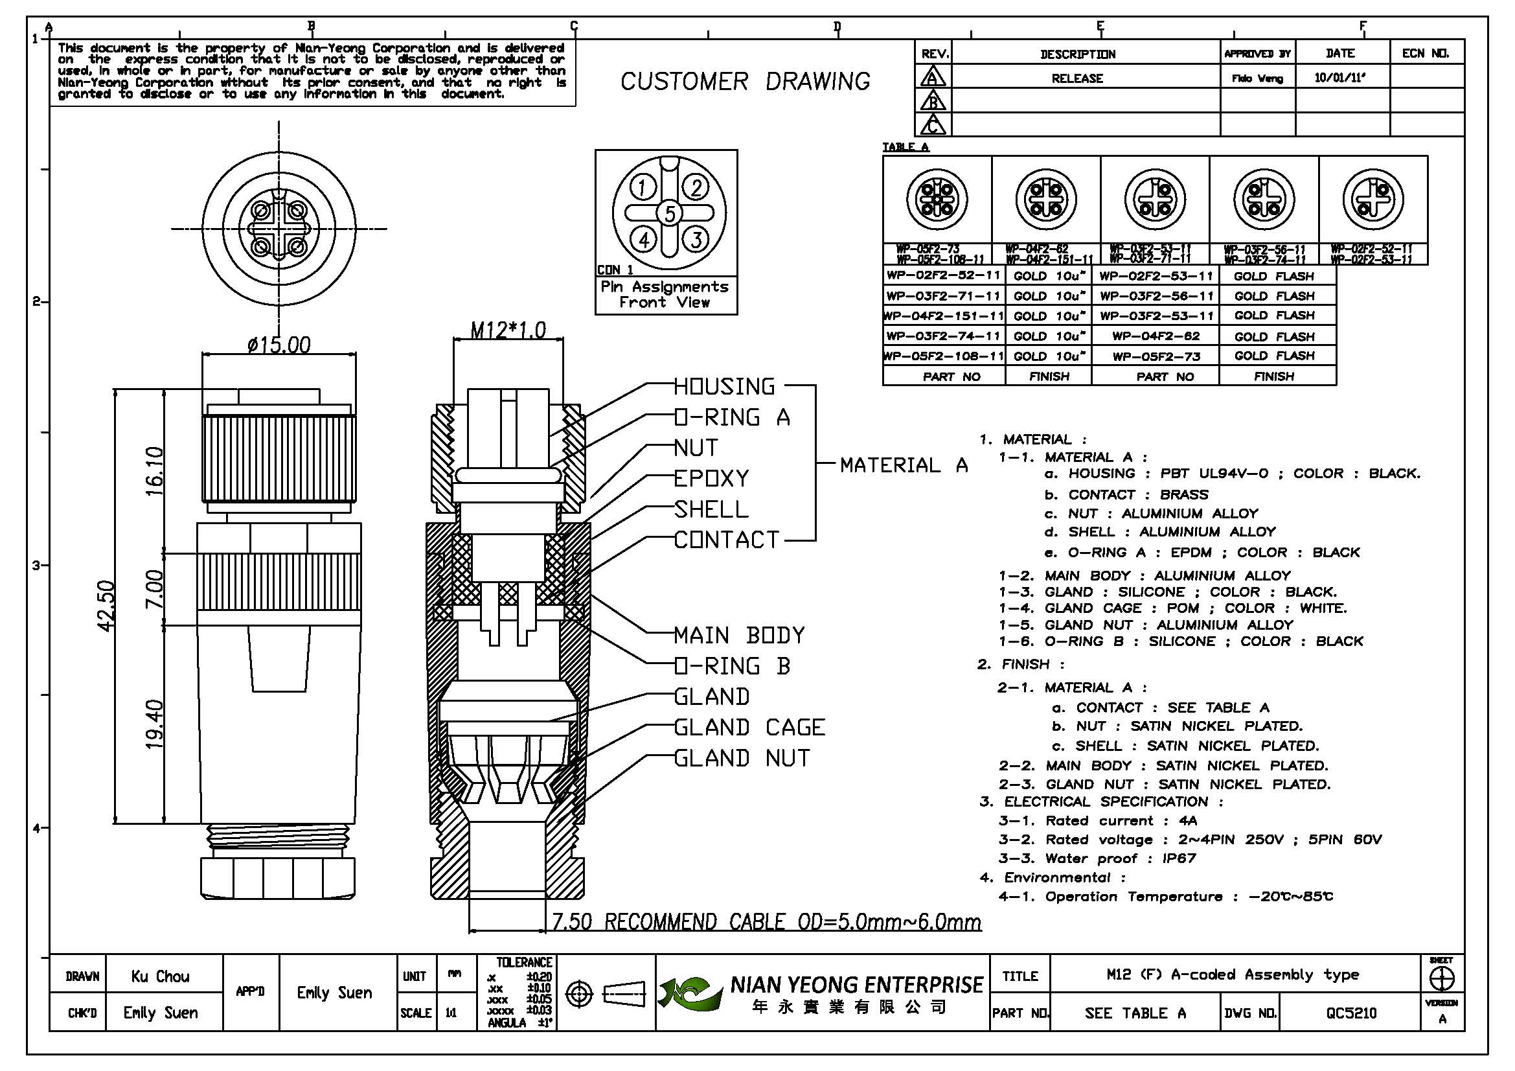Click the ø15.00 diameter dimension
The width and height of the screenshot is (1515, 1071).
279,345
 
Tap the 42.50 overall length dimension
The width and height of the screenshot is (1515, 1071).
106,605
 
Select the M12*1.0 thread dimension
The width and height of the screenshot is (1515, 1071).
508,329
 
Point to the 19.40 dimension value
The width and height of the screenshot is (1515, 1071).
154,724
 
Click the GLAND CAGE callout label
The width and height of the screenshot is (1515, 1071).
749,727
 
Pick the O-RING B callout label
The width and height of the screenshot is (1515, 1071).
732,666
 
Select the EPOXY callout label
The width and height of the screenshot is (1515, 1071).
711,478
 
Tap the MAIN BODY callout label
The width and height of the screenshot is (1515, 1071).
739,636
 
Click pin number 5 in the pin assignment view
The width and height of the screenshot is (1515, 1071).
670,213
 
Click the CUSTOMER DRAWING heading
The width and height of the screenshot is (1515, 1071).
745,82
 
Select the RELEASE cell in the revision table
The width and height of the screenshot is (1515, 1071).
1077,78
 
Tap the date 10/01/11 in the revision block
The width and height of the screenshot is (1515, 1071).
1339,78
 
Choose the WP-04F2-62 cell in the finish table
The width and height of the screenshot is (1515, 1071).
1156,336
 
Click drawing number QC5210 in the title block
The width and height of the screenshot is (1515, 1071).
1350,1013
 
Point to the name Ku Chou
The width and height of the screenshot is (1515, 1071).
161,976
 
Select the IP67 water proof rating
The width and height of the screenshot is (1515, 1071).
1179,858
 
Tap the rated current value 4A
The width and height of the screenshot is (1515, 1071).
1188,821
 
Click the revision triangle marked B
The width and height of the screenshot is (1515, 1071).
932,102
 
